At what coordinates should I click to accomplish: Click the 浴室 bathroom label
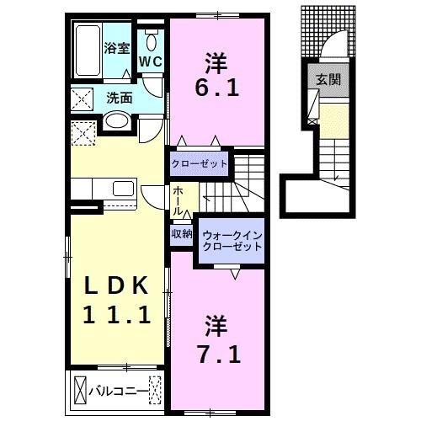116,48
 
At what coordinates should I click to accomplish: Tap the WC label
151,61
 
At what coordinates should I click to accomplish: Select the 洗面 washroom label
119,98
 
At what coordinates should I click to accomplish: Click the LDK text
118,286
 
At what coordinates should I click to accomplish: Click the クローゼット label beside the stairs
200,163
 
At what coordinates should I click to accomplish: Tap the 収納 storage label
183,233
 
